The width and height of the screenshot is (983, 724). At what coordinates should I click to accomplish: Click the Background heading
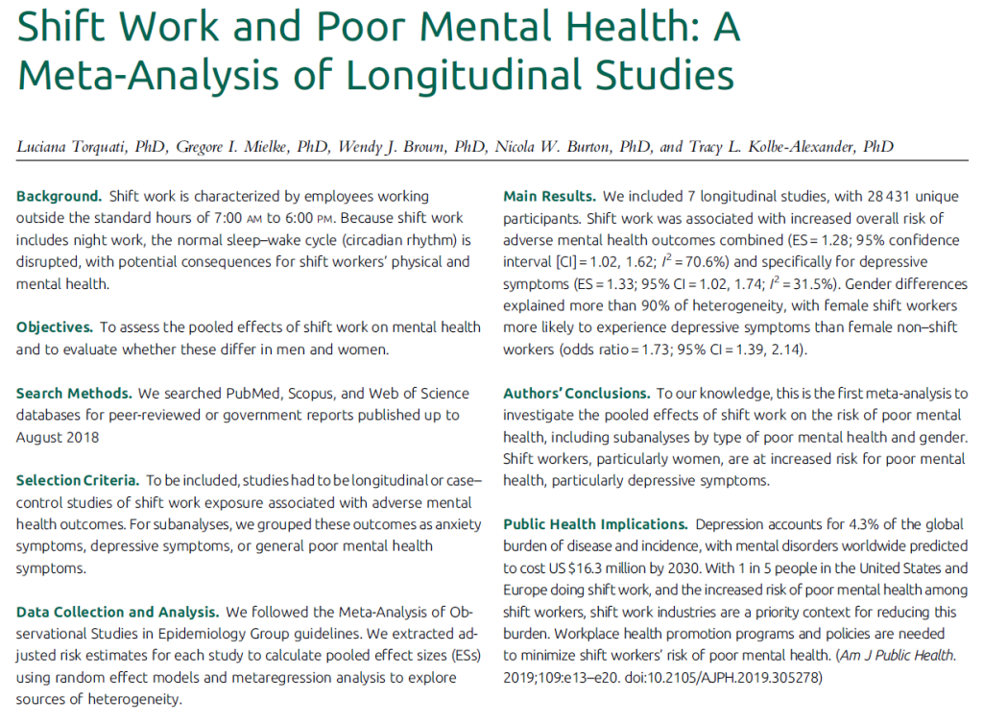(59, 196)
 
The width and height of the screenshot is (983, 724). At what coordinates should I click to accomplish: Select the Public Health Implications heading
(595, 524)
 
